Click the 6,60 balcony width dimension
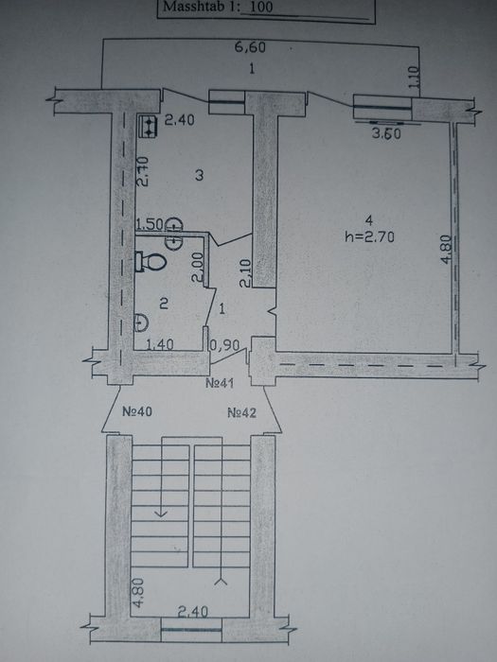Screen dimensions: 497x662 click(x=250, y=47)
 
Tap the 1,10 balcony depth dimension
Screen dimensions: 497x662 click(x=415, y=77)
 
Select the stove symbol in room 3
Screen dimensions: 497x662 click(x=148, y=126)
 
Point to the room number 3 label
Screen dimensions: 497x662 click(x=200, y=175)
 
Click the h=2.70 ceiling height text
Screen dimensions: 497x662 click(x=370, y=237)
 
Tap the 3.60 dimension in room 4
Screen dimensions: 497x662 click(x=386, y=134)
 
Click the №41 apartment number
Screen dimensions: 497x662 click(x=220, y=383)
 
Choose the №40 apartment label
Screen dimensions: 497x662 click(x=137, y=411)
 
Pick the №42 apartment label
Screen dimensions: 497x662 click(x=241, y=412)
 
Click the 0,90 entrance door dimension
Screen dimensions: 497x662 click(x=224, y=345)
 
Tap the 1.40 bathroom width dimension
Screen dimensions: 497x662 click(x=159, y=345)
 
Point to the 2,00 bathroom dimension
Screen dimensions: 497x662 click(x=197, y=268)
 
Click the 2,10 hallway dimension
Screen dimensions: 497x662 click(x=245, y=273)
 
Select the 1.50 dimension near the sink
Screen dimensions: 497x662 click(x=150, y=225)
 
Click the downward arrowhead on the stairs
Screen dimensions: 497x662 click(x=161, y=514)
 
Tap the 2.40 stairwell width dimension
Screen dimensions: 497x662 click(x=193, y=611)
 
